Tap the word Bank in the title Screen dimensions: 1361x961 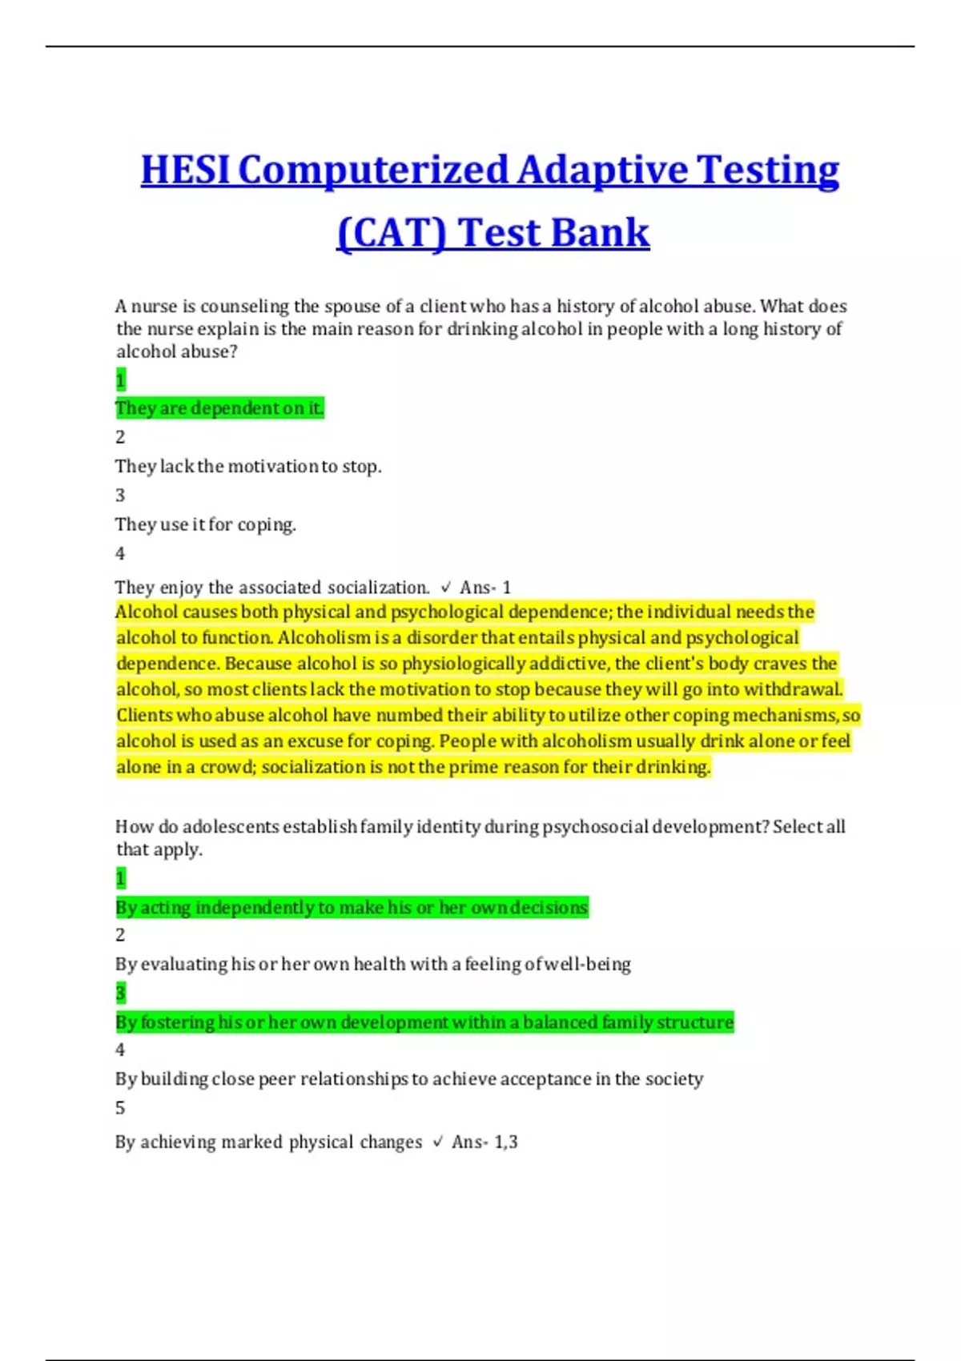coord(600,233)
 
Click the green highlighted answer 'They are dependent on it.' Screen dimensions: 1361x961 coord(219,408)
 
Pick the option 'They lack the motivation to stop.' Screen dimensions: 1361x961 coord(248,466)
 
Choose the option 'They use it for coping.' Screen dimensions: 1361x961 coord(206,524)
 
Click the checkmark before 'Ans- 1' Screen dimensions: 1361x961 coord(446,588)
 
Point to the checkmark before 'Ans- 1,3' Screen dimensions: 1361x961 coord(437,1142)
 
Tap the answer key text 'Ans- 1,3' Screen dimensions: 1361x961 coord(485,1142)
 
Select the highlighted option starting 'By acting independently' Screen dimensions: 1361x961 coord(352,907)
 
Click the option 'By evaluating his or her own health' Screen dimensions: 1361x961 coord(372,964)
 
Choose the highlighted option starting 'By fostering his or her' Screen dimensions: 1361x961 coord(424,1022)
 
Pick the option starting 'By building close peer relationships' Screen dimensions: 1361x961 coord(408,1079)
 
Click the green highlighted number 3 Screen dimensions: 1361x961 coord(121,994)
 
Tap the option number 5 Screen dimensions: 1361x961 coord(120,1108)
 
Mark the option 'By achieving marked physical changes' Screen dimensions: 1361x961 coord(268,1142)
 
